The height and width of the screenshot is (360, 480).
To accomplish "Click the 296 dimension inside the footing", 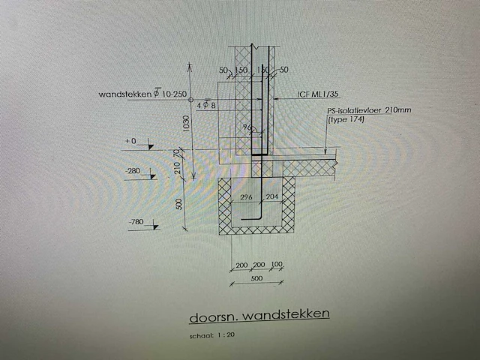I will [243, 197].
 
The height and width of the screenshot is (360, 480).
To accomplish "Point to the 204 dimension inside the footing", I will [271, 197].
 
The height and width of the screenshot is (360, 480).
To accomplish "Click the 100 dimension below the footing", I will [277, 265].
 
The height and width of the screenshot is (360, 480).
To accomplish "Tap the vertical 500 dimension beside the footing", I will [179, 205].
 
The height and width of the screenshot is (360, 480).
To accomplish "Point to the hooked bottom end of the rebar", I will [256, 220].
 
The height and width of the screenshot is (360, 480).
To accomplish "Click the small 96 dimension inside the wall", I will [244, 128].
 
